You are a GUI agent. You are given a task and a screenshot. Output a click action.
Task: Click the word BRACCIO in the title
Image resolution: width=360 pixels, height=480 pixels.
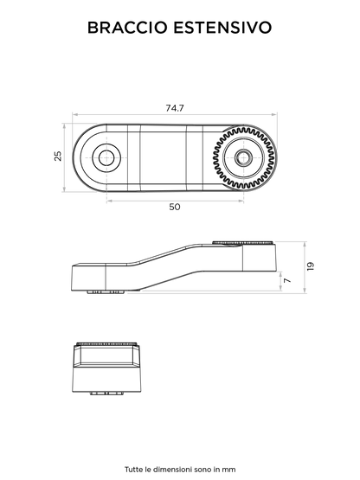(x=127, y=28)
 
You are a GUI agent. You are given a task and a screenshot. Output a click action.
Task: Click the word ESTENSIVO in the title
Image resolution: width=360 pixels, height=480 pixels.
(x=222, y=28)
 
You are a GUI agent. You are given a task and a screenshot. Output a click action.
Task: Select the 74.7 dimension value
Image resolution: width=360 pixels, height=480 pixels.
(x=175, y=108)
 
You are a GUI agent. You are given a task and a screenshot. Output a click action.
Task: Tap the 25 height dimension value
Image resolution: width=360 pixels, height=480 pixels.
(x=58, y=157)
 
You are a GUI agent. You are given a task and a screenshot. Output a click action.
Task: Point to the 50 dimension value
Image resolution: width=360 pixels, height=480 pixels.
(x=175, y=207)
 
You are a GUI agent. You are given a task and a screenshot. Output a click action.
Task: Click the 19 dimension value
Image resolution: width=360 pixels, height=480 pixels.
(x=311, y=266)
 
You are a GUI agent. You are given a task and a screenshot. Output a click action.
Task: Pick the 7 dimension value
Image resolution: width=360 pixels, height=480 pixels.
(x=287, y=280)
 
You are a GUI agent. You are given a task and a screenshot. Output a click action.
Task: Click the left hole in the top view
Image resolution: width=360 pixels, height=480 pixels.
(x=106, y=158)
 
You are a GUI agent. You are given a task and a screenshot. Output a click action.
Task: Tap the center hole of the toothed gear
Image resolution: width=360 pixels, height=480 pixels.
(x=243, y=158)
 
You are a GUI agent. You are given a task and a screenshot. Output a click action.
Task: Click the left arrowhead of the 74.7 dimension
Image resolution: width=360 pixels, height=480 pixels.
(x=74, y=115)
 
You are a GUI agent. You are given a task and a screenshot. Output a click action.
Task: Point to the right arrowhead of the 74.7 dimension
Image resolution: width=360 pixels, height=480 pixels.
(x=274, y=115)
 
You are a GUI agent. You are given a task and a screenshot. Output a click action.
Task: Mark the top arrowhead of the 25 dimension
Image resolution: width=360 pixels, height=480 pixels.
(x=64, y=125)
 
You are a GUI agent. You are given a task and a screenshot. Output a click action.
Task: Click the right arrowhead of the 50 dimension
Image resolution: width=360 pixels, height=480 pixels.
(x=241, y=202)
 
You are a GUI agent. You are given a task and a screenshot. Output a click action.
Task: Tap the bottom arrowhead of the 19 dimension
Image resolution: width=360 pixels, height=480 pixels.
(x=305, y=291)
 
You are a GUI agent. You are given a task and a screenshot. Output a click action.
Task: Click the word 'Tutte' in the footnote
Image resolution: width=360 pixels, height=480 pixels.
(x=133, y=470)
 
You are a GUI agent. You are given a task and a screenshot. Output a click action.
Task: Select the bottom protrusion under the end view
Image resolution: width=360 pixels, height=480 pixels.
(x=107, y=394)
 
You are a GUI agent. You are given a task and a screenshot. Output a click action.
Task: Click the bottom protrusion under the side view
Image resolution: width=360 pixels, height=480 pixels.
(x=106, y=292)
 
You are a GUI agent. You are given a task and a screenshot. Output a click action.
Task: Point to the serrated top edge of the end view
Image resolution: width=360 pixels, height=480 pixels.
(x=106, y=343)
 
